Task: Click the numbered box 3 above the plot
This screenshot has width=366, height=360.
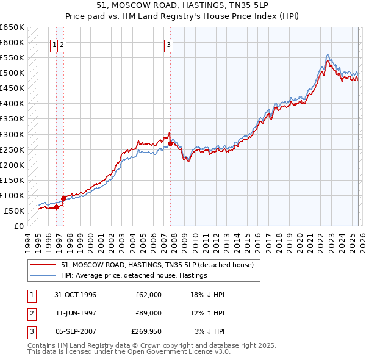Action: point(168,44)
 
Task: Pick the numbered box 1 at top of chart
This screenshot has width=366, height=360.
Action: point(55,44)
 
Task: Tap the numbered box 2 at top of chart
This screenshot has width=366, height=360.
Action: point(63,44)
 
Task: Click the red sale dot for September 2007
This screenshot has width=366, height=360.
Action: point(170,144)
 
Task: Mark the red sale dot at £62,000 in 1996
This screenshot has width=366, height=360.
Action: point(57,207)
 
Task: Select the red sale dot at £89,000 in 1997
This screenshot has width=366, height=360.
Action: point(63,198)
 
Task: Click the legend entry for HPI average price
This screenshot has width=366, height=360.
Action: point(134,275)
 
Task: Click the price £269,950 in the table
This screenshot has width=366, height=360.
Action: point(146,331)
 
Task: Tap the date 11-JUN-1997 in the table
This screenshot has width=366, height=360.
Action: point(74,313)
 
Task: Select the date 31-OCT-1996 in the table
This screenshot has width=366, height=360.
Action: point(74,295)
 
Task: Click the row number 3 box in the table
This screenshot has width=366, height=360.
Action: point(31,331)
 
